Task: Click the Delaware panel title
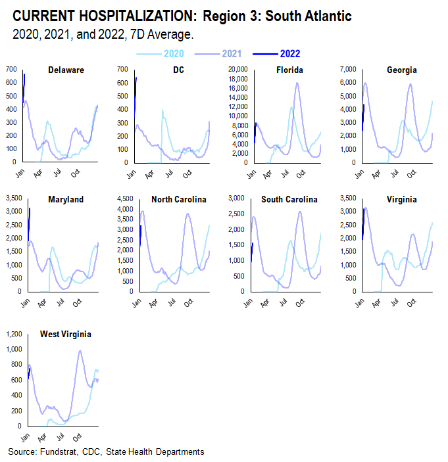(x=66, y=70)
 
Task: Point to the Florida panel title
(x=289, y=70)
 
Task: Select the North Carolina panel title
(x=178, y=200)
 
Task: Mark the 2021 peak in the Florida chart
(x=297, y=83)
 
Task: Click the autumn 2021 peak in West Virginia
(x=80, y=350)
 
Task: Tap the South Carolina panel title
(x=289, y=200)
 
